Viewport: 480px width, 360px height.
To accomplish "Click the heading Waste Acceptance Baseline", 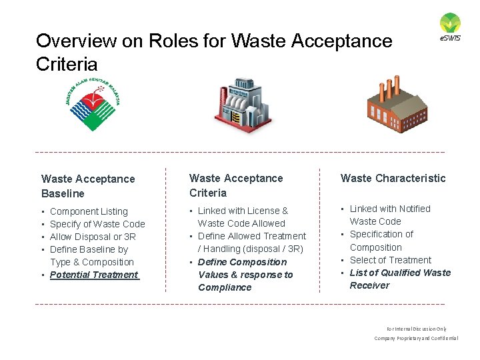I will click(x=88, y=186).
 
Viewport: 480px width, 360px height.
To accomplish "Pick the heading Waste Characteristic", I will click(x=393, y=178).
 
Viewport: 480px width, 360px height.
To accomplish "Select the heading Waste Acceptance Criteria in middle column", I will click(x=236, y=185).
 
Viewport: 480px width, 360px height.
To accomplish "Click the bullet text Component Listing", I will click(x=89, y=211).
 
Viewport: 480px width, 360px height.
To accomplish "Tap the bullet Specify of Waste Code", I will click(x=97, y=224).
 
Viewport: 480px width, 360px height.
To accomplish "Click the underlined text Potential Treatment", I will click(x=94, y=275).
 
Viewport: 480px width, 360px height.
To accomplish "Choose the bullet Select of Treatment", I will click(x=391, y=260).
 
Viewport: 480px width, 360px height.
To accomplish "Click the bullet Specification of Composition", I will click(x=381, y=241).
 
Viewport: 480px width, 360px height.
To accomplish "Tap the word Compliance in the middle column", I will click(x=225, y=287).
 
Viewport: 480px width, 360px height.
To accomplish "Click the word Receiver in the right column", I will click(x=369, y=285).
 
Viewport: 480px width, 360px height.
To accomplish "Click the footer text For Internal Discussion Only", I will click(x=416, y=329).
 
